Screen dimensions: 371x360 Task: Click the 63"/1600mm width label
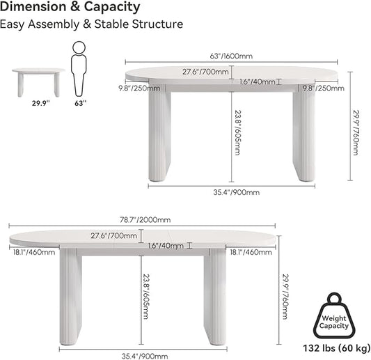(231, 56)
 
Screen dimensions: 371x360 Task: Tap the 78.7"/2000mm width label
(145, 220)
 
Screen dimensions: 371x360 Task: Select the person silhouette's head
(79, 47)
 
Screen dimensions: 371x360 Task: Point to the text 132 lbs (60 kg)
(337, 348)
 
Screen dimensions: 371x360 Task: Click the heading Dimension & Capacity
(70, 7)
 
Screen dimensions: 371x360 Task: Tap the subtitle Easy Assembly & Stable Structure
(91, 24)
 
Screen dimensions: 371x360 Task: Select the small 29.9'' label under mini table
(41, 103)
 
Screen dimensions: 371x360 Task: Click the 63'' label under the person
(81, 103)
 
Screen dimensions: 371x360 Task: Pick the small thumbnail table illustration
(38, 82)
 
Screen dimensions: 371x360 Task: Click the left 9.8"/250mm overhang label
(139, 88)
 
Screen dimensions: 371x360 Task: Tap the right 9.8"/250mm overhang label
(324, 88)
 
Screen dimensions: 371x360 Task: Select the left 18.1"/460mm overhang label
(34, 252)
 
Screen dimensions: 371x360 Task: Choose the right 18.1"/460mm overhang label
(251, 252)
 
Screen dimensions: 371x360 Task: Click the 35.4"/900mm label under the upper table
(237, 192)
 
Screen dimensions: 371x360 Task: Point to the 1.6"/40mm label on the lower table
(166, 246)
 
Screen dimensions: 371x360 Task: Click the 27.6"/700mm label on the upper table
(205, 72)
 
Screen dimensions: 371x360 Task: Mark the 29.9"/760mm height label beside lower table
(286, 297)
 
